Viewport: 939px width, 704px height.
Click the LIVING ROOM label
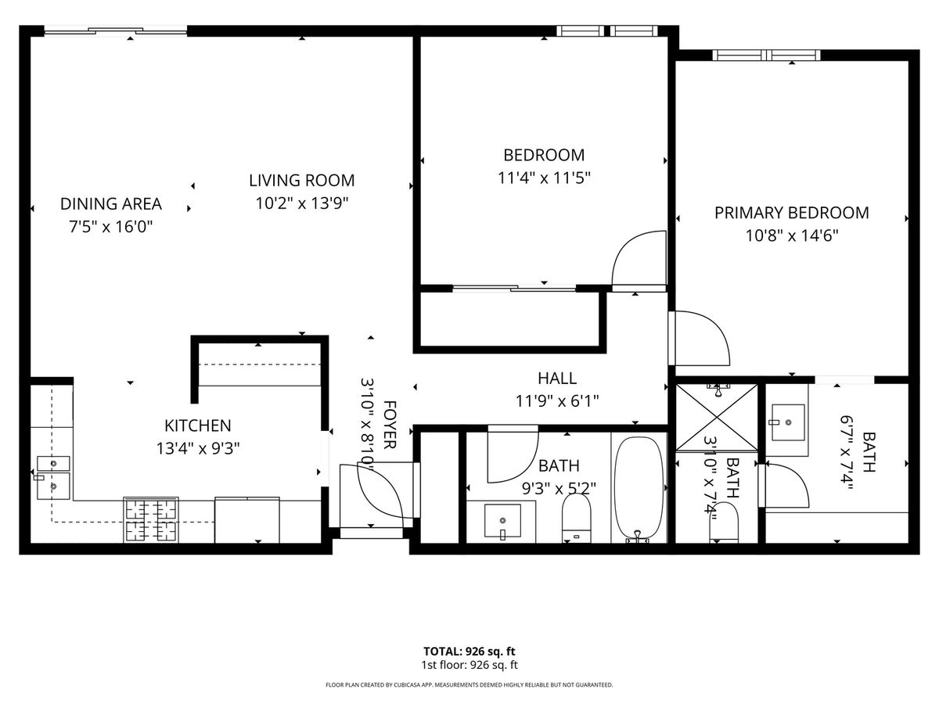coord(301,181)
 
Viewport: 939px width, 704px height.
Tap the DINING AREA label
coord(111,204)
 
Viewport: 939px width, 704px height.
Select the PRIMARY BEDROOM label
coord(791,213)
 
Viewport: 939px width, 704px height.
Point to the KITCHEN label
coord(198,426)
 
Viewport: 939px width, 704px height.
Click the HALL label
coord(557,378)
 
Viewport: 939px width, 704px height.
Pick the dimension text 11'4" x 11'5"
coord(544,178)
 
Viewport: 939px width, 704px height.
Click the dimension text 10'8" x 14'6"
coord(791,235)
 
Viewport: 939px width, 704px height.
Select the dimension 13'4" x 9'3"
coord(198,448)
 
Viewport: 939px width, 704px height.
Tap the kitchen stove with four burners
coord(151,519)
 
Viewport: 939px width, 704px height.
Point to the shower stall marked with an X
coord(716,417)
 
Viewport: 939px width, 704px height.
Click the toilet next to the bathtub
coord(576,517)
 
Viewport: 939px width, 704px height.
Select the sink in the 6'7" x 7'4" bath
coord(788,422)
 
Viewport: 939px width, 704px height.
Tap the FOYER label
coord(388,425)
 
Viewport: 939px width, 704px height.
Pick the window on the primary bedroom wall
coord(766,55)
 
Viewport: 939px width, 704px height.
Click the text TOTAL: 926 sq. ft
coord(469,652)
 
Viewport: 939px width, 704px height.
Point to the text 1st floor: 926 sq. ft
coord(469,665)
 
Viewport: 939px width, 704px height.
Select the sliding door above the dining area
coord(116,31)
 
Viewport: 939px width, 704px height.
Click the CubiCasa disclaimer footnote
coord(469,684)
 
